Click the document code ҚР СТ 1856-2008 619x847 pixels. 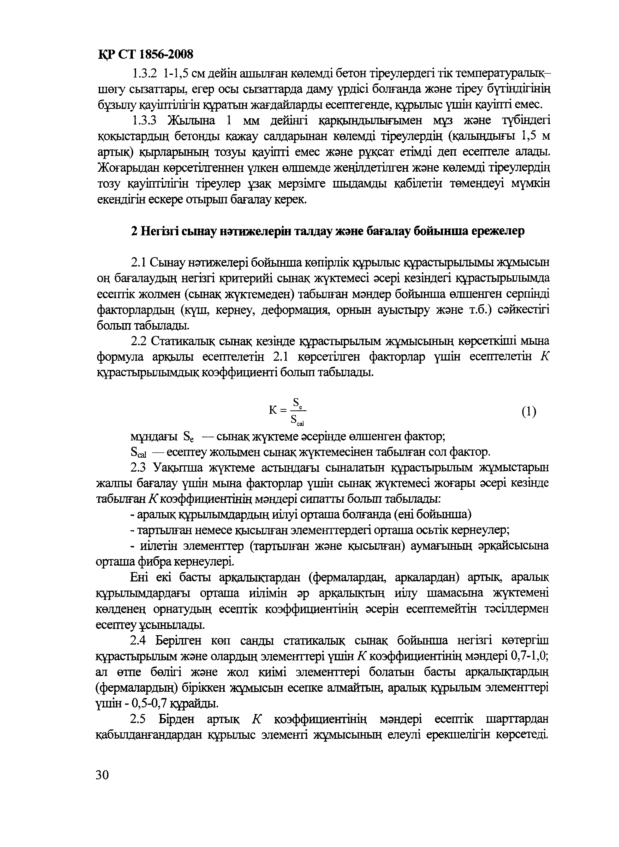[146, 55]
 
